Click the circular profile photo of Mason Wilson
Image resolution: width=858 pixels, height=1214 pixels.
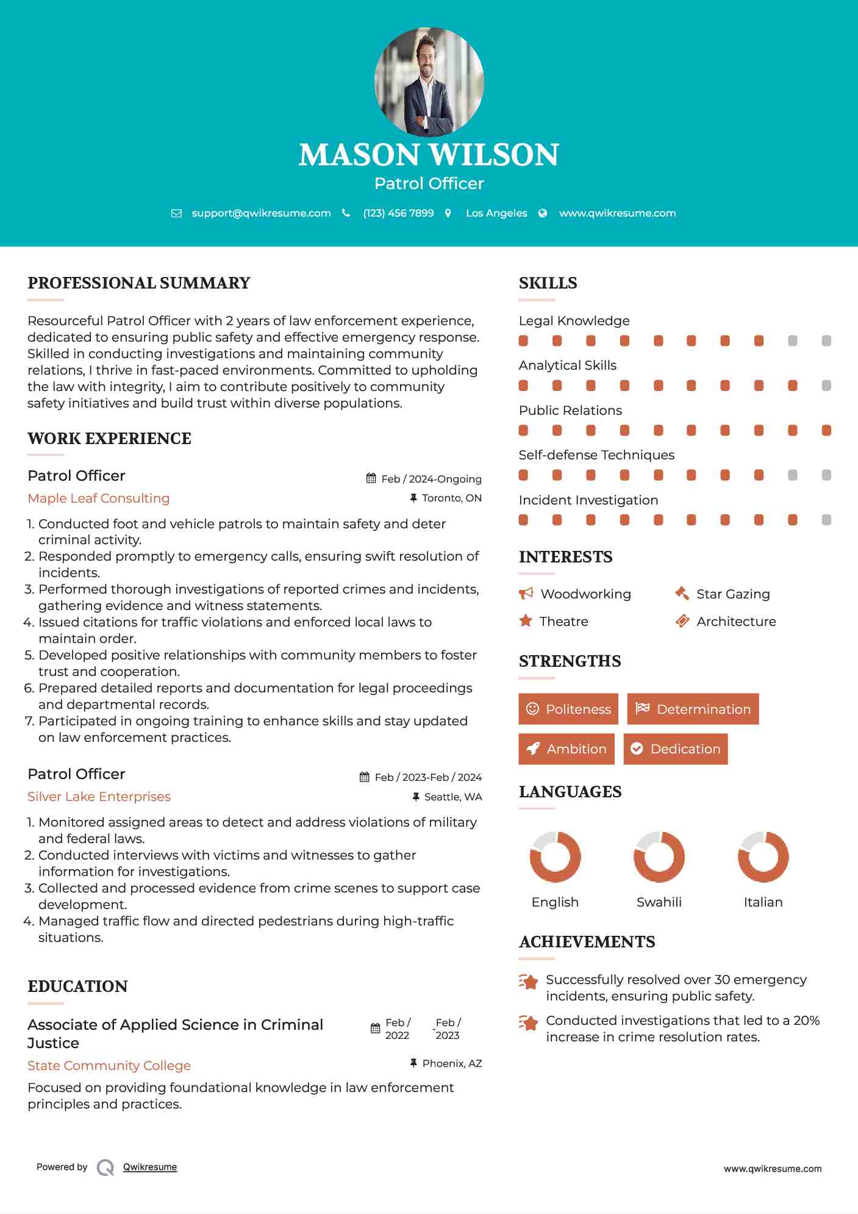(x=429, y=82)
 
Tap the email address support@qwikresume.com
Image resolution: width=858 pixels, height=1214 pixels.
(x=261, y=213)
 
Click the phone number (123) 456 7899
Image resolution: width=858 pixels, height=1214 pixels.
(x=398, y=213)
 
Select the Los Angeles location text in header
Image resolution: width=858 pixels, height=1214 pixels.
(x=496, y=213)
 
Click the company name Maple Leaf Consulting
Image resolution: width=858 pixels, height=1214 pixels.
(x=99, y=498)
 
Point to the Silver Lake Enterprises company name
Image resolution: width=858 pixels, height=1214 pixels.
(x=99, y=797)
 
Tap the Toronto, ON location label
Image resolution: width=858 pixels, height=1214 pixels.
(x=451, y=498)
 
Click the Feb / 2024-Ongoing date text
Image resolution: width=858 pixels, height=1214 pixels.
(x=431, y=479)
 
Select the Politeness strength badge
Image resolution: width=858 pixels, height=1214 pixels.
(x=568, y=709)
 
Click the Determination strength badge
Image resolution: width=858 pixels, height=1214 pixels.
(x=693, y=709)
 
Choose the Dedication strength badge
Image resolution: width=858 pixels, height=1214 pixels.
(x=676, y=749)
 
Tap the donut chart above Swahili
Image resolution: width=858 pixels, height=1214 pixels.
(x=659, y=857)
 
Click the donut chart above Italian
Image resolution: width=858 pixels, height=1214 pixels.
(x=763, y=857)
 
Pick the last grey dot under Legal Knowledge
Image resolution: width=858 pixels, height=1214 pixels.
(x=826, y=341)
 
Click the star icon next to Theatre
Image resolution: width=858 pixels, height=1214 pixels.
(x=526, y=621)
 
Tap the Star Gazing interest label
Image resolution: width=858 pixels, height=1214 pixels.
(x=733, y=594)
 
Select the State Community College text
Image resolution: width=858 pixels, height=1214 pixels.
(x=109, y=1066)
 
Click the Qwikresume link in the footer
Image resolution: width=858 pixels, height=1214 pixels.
(x=150, y=1167)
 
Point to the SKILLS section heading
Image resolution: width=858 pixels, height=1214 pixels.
(x=548, y=283)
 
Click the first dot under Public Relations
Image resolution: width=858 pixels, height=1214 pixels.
(x=523, y=431)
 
